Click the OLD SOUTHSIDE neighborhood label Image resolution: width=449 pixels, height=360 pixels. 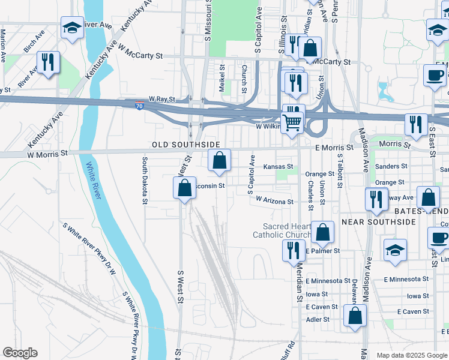[x=182, y=145]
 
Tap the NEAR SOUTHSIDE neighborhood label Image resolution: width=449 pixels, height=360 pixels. [x=379, y=222]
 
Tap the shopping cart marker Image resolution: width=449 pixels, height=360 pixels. [x=292, y=122]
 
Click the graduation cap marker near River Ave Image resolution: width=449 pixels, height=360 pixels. [x=72, y=28]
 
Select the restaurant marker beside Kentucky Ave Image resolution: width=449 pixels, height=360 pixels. [x=47, y=62]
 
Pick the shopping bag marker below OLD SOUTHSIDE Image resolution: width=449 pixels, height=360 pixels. [x=220, y=160]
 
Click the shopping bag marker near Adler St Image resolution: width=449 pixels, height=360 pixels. [x=355, y=315]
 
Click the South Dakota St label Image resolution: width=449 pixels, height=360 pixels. [x=145, y=181]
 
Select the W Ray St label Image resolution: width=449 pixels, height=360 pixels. [x=162, y=98]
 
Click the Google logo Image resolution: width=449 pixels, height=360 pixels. [x=20, y=353]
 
